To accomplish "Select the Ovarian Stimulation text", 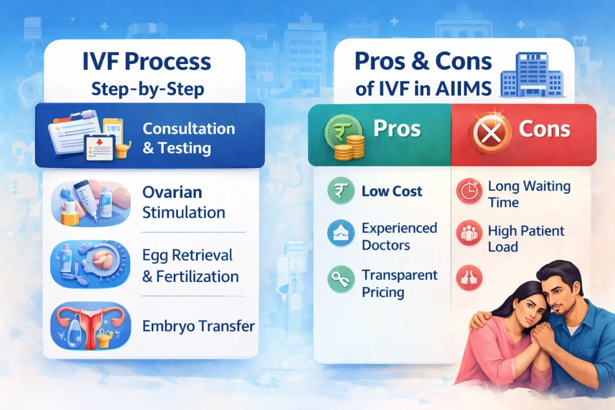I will [x=183, y=202].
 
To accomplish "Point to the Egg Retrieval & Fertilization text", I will [x=190, y=265].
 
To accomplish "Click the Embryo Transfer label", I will [x=198, y=326].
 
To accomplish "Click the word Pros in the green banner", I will [x=396, y=129].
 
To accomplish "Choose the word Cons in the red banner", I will [x=544, y=129].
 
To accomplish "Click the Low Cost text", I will [x=392, y=192].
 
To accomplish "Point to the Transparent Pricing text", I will [x=399, y=283].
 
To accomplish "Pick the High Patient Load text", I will [x=526, y=238].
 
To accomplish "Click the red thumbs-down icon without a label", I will [x=468, y=278].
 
